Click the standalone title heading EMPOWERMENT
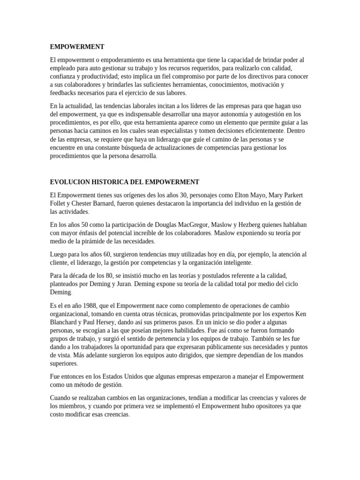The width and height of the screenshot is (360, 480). (77, 47)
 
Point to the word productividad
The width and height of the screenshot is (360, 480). (102, 76)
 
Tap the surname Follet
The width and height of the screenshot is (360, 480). (60, 203)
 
